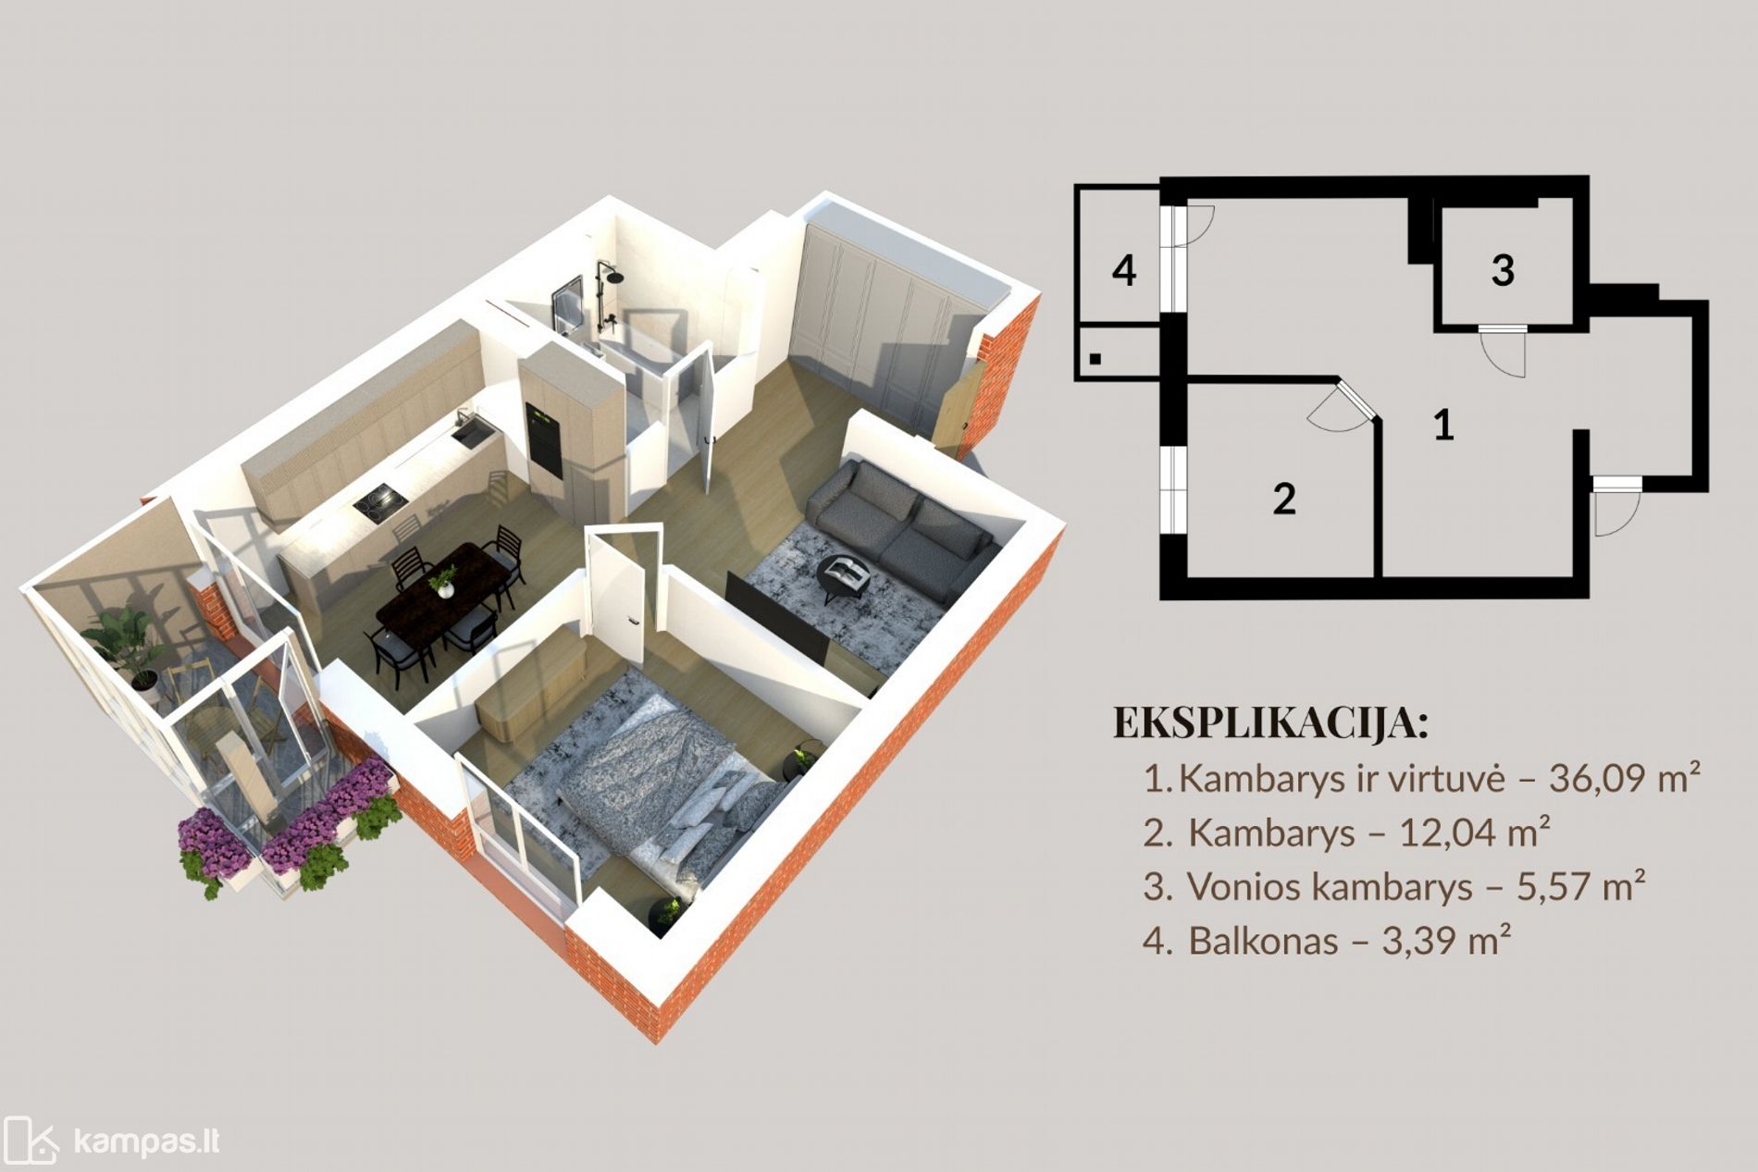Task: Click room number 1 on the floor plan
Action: tap(1443, 425)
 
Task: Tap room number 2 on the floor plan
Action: tap(1284, 499)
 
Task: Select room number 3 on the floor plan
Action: tap(1503, 270)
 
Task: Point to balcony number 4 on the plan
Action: tap(1124, 270)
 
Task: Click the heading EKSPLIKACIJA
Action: tap(1271, 722)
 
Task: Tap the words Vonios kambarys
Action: tap(1330, 887)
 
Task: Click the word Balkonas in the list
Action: tap(1263, 941)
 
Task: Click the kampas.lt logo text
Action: tap(146, 1141)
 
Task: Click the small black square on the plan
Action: tap(1096, 359)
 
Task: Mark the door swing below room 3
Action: tap(1504, 351)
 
